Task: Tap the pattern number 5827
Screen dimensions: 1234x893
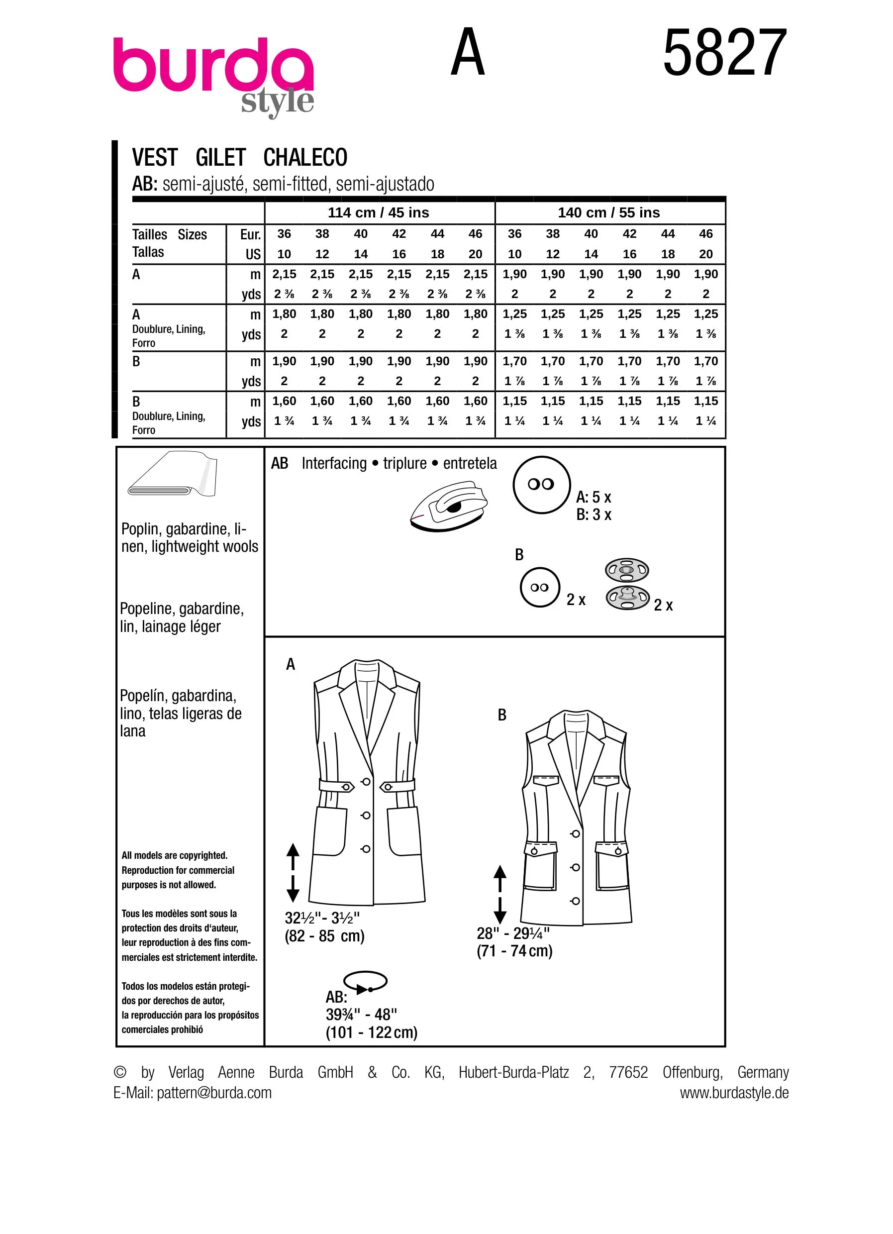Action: (x=724, y=53)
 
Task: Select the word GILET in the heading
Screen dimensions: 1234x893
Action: (x=221, y=158)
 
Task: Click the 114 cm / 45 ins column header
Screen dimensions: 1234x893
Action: (x=379, y=213)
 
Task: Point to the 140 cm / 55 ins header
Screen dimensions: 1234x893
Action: (x=608, y=213)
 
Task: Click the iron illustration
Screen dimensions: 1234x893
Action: (x=449, y=506)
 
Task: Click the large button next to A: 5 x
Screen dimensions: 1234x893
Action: (x=541, y=484)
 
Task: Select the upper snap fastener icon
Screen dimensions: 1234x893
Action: (x=626, y=570)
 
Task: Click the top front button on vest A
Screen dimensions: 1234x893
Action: (x=366, y=782)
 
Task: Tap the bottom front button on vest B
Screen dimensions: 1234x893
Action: (x=576, y=901)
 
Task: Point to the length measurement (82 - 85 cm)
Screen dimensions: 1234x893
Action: (x=325, y=936)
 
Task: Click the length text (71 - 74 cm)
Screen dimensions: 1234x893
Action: (x=514, y=951)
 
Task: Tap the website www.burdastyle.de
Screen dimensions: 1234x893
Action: (x=734, y=1093)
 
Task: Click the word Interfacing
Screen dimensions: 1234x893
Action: (x=334, y=463)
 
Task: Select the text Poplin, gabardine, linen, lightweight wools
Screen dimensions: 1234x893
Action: (x=189, y=537)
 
